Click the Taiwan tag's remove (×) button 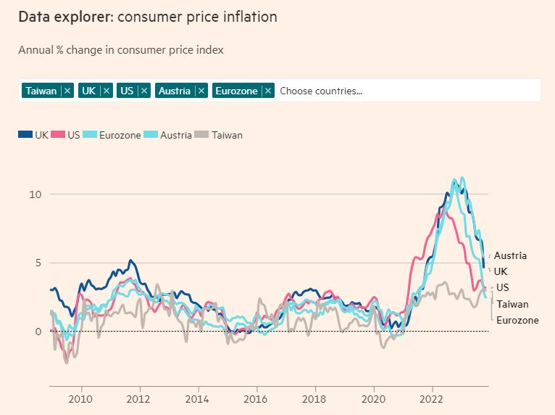pyautogui.click(x=67, y=91)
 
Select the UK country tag pyautogui.click(x=89, y=91)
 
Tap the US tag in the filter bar pyautogui.click(x=127, y=91)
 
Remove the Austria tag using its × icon pyautogui.click(x=201, y=91)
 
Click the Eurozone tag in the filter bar pyautogui.click(x=236, y=91)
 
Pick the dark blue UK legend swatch pyautogui.click(x=25, y=134)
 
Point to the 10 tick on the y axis pyautogui.click(x=36, y=194)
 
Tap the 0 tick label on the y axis pyautogui.click(x=38, y=332)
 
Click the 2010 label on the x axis pyautogui.click(x=80, y=399)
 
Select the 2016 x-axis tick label pyautogui.click(x=256, y=399)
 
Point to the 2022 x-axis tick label pyautogui.click(x=432, y=399)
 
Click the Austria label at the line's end pyautogui.click(x=510, y=255)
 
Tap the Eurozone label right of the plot pyautogui.click(x=517, y=320)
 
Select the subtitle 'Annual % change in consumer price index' pyautogui.click(x=121, y=50)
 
